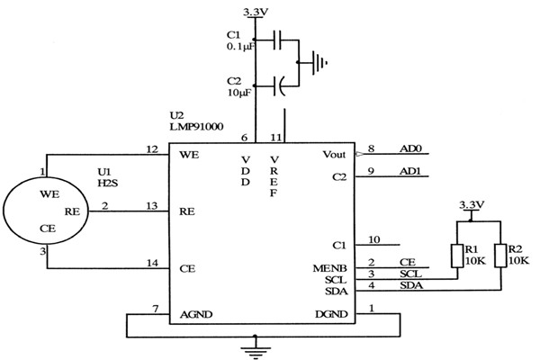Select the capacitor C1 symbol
pyautogui.click(x=280, y=40)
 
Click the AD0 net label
pyautogui.click(x=409, y=148)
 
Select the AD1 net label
pyautogui.click(x=409, y=172)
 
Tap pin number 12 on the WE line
pyautogui.click(x=152, y=148)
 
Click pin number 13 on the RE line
pyautogui.click(x=152, y=206)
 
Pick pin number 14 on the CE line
pyautogui.click(x=152, y=263)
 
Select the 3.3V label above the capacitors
pyautogui.click(x=256, y=12)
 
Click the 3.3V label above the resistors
pyautogui.click(x=472, y=205)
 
